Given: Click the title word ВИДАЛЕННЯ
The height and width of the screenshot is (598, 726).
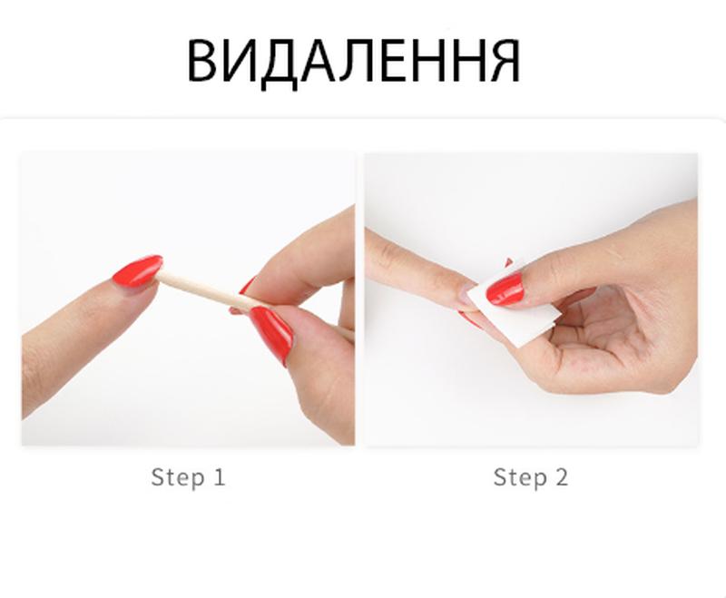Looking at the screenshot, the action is point(354,63).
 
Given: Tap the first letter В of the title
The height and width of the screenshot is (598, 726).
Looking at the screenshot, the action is point(201,61).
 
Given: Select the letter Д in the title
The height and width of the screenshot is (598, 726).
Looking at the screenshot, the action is point(280,64).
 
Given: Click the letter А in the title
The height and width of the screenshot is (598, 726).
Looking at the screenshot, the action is point(317,61).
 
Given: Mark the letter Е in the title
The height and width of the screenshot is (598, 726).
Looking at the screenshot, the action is point(393,61).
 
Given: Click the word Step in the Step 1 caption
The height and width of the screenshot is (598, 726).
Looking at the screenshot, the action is point(178,477).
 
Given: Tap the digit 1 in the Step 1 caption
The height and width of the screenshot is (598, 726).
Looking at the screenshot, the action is point(220,476).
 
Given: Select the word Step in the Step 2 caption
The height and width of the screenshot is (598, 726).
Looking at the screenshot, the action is point(520,477).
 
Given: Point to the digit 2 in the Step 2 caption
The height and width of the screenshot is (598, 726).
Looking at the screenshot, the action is point(562,476).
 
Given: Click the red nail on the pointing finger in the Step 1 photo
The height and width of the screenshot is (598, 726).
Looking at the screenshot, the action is point(138,270).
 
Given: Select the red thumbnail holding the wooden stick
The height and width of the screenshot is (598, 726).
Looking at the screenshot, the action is point(272,334).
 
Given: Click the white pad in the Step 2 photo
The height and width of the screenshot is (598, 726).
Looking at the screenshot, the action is point(514,306).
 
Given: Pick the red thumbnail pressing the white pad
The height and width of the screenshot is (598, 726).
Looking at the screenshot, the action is point(505,289).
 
